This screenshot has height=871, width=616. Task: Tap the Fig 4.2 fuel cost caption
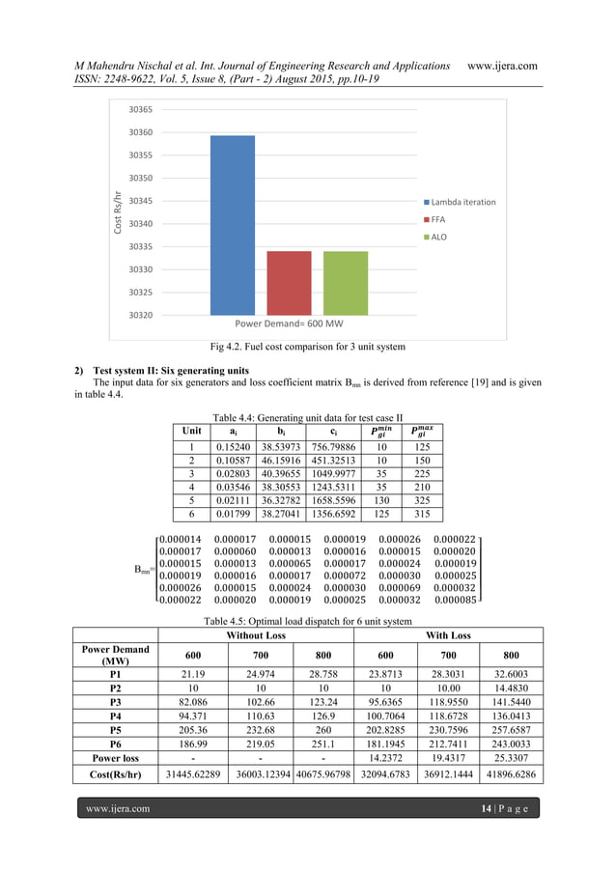[307, 346]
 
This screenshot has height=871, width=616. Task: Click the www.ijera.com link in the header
[501, 65]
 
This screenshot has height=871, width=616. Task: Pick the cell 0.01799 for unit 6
[235, 517]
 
